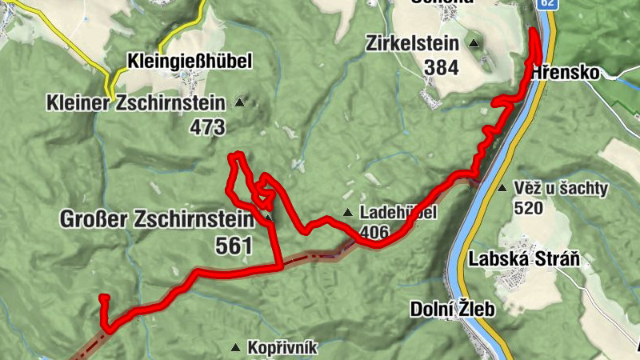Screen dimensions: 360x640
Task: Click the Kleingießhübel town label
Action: (x=190, y=61)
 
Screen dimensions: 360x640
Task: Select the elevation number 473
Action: (x=207, y=126)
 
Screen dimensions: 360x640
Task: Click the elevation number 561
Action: (x=234, y=246)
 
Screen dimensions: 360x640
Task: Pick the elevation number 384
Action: (x=442, y=67)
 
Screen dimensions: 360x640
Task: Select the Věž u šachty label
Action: (x=562, y=190)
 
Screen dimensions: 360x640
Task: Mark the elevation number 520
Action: (x=530, y=209)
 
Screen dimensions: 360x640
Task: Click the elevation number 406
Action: (x=374, y=232)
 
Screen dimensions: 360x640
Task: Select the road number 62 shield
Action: (x=546, y=4)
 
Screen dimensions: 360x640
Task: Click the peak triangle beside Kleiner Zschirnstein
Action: (x=238, y=102)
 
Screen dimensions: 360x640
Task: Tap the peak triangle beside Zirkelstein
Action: (x=474, y=43)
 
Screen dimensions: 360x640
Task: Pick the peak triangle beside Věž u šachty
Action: (x=502, y=189)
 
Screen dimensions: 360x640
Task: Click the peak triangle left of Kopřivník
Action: (x=236, y=347)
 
